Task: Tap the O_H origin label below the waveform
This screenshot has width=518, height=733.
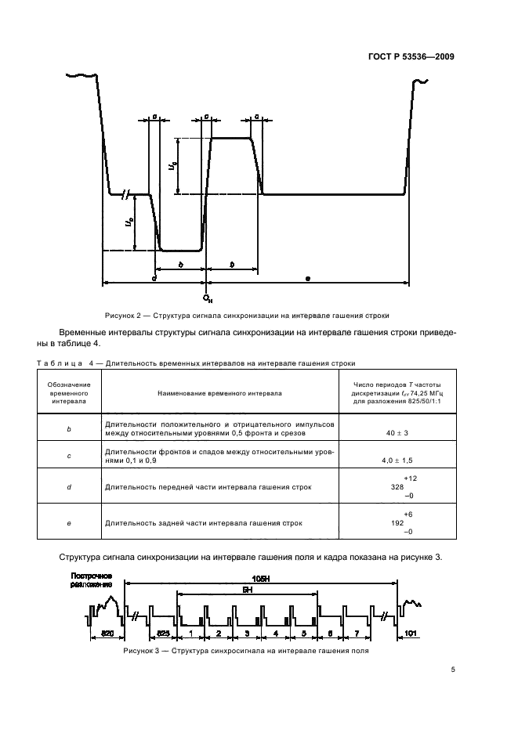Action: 207,298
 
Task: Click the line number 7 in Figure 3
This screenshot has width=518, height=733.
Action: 357,631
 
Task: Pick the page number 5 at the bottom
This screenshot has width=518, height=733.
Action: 453,670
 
